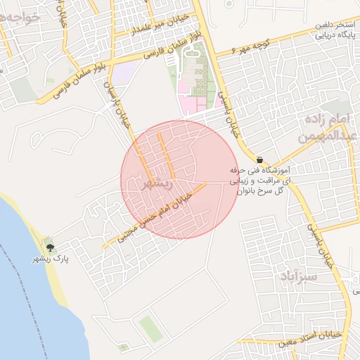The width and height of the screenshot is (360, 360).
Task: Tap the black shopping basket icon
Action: pos(260,159)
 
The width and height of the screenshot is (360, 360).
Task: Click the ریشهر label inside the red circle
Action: pos(157,184)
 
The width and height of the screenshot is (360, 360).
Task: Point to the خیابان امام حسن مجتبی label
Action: pos(156,218)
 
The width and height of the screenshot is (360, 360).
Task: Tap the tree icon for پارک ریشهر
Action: pos(50,247)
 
